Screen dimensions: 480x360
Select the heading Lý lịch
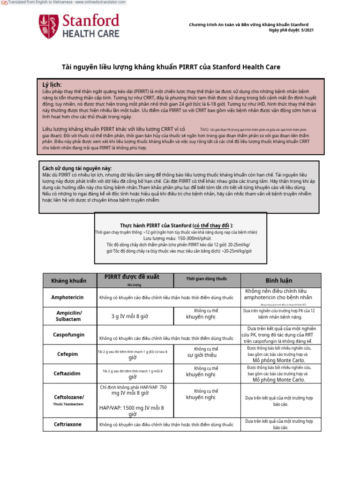52,84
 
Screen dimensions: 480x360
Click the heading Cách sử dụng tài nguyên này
77,168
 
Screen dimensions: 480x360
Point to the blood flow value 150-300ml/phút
180,238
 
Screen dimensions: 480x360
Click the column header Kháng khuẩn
69,281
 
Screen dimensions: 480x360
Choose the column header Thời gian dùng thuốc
206,279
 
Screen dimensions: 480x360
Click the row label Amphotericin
67,297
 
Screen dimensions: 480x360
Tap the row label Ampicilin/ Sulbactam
69,316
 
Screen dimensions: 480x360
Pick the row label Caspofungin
69,335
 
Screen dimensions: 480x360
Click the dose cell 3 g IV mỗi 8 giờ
130,316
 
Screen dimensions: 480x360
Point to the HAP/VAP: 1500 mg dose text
132,408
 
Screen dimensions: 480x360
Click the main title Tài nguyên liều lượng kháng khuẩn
171,67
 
